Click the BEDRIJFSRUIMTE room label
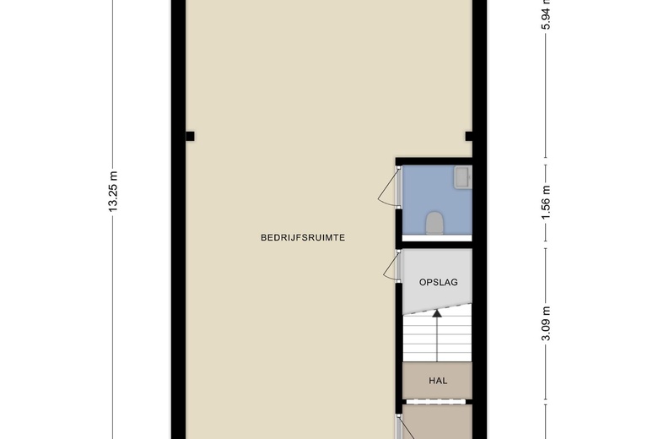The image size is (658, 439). (302, 238)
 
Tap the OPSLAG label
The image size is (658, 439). (438, 283)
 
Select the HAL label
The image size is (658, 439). (438, 381)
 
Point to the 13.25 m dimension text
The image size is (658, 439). (113, 194)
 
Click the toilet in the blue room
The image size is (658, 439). (434, 223)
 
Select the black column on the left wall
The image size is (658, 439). (190, 136)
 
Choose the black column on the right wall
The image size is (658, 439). (470, 136)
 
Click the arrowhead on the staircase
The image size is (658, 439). (437, 314)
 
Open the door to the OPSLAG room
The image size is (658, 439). (390, 268)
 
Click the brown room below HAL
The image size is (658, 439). (438, 422)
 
